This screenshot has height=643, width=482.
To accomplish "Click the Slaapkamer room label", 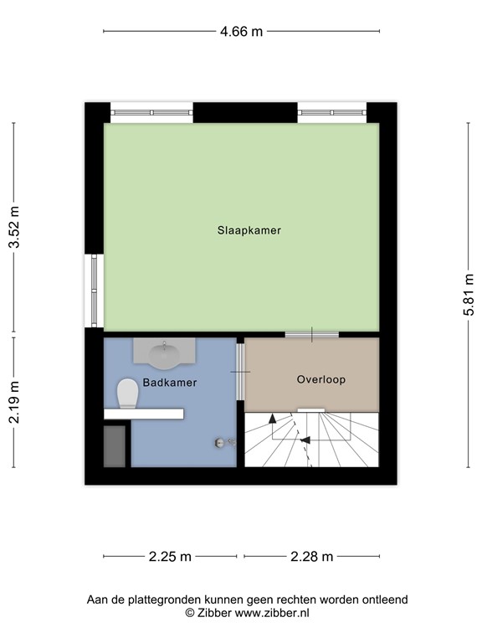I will [x=243, y=230].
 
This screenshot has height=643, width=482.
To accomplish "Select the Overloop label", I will [x=320, y=379].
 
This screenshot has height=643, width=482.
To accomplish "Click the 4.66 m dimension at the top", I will [x=241, y=32].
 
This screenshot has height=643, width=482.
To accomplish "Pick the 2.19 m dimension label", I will [x=13, y=403].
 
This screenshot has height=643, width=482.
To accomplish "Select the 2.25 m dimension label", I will [x=170, y=556].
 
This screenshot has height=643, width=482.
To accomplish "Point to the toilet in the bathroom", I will [x=127, y=393].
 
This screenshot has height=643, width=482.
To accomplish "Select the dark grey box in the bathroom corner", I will [x=115, y=445].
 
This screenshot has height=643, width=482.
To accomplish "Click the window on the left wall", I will [x=95, y=291].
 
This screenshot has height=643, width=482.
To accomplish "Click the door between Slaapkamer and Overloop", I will [x=311, y=335].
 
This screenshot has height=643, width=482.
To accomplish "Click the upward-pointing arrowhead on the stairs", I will [x=271, y=419].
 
